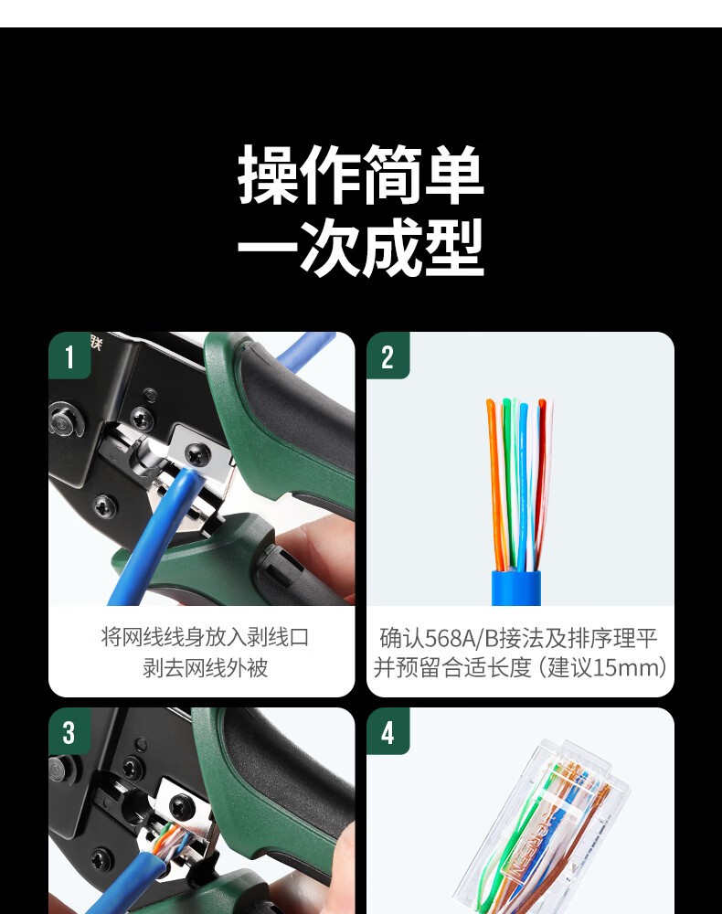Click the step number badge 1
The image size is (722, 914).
click(69, 356)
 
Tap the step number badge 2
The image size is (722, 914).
click(388, 356)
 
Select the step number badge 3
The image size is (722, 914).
click(69, 731)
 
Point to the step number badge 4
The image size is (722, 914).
click(388, 731)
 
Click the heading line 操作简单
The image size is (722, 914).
click(361, 175)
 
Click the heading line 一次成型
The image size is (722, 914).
click(361, 248)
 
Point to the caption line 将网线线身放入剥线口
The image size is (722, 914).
click(205, 637)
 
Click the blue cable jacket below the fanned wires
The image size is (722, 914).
click(516, 588)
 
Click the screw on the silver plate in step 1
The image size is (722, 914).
click(198, 453)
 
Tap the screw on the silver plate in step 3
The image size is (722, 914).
click(179, 807)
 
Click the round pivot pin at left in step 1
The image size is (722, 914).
click(64, 420)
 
